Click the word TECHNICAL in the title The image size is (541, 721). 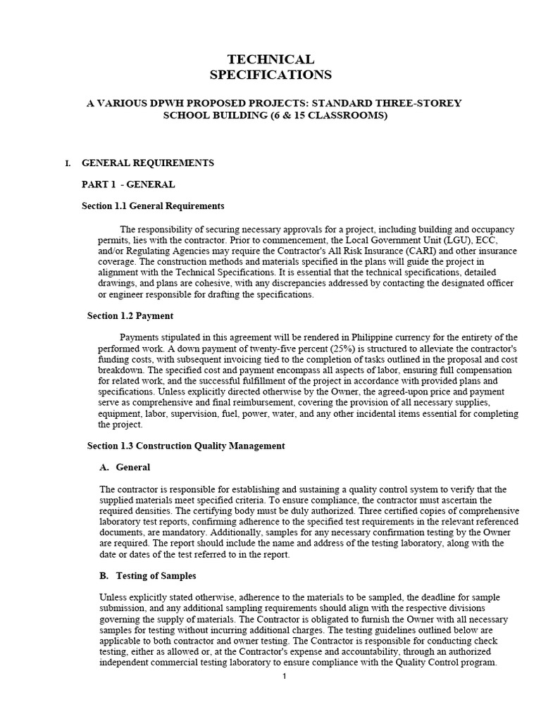pyautogui.click(x=270, y=59)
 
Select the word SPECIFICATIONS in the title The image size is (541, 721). pyautogui.click(x=270, y=75)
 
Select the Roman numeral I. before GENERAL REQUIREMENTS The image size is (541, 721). pyautogui.click(x=68, y=163)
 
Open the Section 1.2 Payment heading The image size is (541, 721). pyautogui.click(x=130, y=315)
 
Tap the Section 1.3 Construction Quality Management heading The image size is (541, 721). pyautogui.click(x=186, y=446)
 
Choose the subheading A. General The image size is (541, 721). pyautogui.click(x=125, y=468)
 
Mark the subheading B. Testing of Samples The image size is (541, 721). pyautogui.click(x=147, y=576)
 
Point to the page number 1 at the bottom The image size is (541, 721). pyautogui.click(x=284, y=677)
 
